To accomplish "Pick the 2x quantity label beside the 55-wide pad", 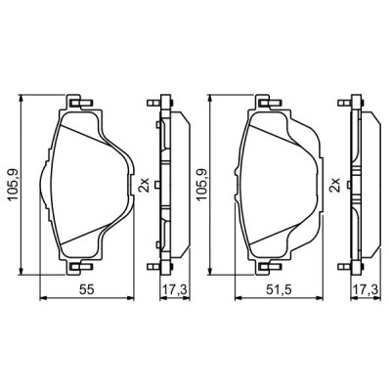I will [144, 184].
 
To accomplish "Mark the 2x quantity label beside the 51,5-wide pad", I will [333, 184].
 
